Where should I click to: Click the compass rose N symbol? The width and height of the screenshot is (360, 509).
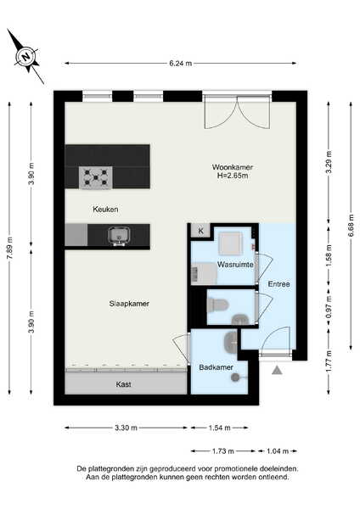click(x=26, y=57)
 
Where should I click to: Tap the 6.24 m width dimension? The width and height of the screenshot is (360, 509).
click(x=180, y=64)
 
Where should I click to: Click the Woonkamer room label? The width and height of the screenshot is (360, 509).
click(x=233, y=167)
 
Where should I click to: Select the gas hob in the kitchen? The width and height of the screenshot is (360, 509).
click(x=96, y=177)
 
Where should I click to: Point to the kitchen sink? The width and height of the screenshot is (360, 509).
click(x=119, y=235)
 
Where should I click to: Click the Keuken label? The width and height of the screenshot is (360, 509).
click(x=105, y=209)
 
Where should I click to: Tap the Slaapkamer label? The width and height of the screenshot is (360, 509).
click(x=129, y=304)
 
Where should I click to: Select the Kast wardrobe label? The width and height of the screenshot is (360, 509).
click(x=123, y=384)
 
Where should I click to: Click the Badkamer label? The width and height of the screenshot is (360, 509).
click(x=216, y=367)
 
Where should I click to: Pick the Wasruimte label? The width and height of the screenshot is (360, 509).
click(x=235, y=265)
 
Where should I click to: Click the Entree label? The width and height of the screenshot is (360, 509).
click(x=278, y=284)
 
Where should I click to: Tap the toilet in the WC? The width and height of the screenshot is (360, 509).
click(x=218, y=305)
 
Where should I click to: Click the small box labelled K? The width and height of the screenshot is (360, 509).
click(x=200, y=231)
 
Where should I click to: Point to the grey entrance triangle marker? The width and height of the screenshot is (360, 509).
click(x=277, y=370)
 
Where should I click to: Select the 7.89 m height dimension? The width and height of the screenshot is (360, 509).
click(x=9, y=247)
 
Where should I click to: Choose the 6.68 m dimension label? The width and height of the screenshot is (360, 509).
click(x=352, y=226)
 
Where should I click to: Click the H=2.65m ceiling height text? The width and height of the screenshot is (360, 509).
click(x=233, y=176)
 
